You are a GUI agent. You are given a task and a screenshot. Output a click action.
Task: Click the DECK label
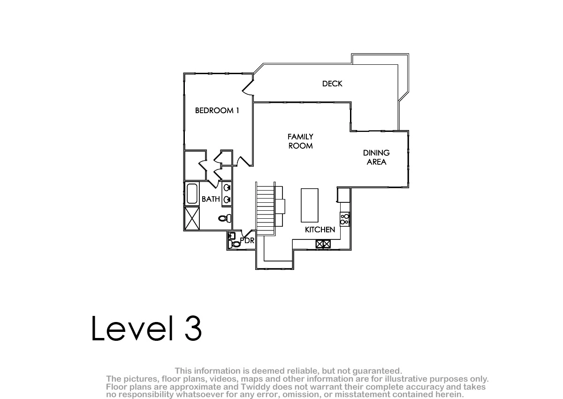(332, 84)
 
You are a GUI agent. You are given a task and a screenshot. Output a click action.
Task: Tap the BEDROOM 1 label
(217, 110)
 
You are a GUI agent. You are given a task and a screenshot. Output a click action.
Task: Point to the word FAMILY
(300, 137)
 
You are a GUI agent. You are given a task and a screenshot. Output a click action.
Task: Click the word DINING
(376, 153)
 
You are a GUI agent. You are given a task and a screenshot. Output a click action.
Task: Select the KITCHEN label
(320, 230)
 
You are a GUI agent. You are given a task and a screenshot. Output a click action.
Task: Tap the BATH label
(211, 199)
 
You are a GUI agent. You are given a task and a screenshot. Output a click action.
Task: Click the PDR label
(247, 241)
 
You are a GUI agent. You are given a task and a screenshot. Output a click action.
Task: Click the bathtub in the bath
(192, 193)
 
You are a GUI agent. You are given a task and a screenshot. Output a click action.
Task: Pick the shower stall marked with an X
(192, 218)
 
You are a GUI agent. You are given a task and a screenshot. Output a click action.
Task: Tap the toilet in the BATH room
(224, 218)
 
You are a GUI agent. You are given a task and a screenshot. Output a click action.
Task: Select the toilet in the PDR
(234, 244)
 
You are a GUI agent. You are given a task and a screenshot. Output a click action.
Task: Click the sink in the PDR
(231, 236)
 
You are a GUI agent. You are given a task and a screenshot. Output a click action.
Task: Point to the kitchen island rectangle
(310, 206)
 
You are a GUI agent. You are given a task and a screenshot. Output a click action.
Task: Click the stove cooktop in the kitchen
(344, 219)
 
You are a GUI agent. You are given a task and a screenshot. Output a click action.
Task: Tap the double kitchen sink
(323, 244)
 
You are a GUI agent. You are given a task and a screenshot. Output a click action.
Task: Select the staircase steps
(265, 209)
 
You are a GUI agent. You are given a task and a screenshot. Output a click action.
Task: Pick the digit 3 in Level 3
(193, 328)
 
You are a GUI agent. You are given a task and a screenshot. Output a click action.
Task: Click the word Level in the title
(132, 328)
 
